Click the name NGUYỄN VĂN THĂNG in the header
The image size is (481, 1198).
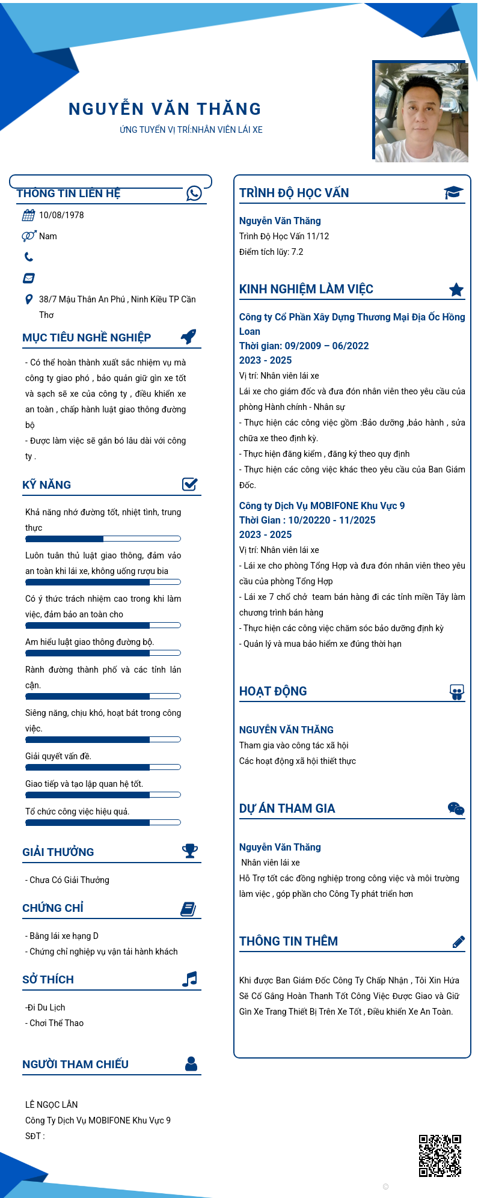pyautogui.click(x=165, y=109)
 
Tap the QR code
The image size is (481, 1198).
pyautogui.click(x=440, y=1155)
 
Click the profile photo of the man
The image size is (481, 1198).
pyautogui.click(x=421, y=112)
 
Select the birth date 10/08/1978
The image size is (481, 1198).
pyautogui.click(x=61, y=215)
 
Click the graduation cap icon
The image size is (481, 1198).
pyautogui.click(x=453, y=192)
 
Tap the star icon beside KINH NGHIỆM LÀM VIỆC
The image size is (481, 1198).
pyautogui.click(x=456, y=290)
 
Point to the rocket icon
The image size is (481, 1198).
pyautogui.click(x=189, y=337)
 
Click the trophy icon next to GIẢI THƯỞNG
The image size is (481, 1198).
pyautogui.click(x=190, y=851)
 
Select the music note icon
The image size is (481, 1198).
pyautogui.click(x=189, y=979)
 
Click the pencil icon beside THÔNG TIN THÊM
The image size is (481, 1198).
pyautogui.click(x=458, y=942)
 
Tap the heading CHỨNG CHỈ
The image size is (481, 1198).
pyautogui.click(x=53, y=908)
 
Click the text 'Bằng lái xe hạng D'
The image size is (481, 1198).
pyautogui.click(x=64, y=936)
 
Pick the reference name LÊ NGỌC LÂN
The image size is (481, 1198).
pyautogui.click(x=52, y=1104)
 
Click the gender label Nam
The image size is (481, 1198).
pyautogui.click(x=48, y=236)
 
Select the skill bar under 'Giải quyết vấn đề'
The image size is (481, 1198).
pyautogui.click(x=103, y=767)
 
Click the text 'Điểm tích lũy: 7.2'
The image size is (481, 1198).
pyautogui.click(x=271, y=252)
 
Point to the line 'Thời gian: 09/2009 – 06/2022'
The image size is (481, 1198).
pyautogui.click(x=304, y=346)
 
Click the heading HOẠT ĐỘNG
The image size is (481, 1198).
pyautogui.click(x=273, y=691)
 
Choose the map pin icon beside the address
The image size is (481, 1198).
pyautogui.click(x=28, y=299)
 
